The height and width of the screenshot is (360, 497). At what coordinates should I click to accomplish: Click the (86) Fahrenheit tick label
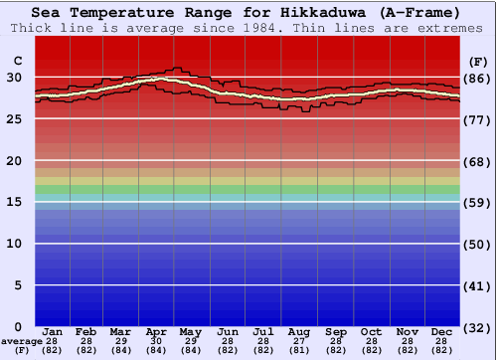pos(478,79)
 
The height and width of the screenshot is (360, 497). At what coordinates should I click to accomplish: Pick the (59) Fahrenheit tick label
pos(478,203)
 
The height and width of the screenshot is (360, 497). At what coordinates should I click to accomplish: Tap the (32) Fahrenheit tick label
pos(478,327)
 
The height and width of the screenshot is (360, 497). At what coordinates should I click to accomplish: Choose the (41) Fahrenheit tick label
pos(478,285)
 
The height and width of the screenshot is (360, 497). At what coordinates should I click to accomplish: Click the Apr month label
pos(155,331)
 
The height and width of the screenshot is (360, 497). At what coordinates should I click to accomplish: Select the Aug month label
pos(298,331)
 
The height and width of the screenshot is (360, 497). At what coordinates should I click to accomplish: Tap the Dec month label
pos(442,331)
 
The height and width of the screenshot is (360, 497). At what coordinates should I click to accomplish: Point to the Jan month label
pos(54,331)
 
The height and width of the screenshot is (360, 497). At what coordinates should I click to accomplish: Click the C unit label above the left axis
pos(17,61)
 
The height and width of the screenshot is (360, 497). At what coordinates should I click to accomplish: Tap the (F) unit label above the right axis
pos(478,61)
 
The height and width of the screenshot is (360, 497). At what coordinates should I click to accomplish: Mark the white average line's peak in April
pos(157,79)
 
